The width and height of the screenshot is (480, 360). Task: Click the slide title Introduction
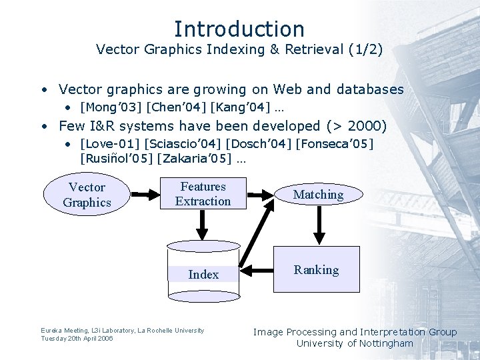(x=239, y=29)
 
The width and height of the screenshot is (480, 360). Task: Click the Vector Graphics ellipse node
(x=87, y=195)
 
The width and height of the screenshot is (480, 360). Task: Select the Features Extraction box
(x=203, y=194)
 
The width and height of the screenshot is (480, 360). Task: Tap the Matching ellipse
(x=318, y=195)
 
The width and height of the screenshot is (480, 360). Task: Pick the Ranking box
(x=317, y=269)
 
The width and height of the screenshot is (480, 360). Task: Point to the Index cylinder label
(x=203, y=274)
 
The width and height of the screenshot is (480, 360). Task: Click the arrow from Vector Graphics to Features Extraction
(x=143, y=194)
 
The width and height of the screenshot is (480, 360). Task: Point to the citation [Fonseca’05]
(x=334, y=143)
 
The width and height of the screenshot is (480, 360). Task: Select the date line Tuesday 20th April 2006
(x=77, y=339)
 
